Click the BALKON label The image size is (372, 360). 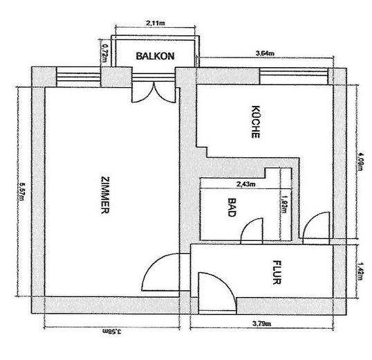pyautogui.click(x=154, y=56)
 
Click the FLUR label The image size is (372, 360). pyautogui.click(x=276, y=273)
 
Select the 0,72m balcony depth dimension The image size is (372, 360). pyautogui.click(x=105, y=53)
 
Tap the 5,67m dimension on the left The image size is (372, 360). pyautogui.click(x=21, y=191)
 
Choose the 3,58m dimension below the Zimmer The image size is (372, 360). pyautogui.click(x=104, y=332)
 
